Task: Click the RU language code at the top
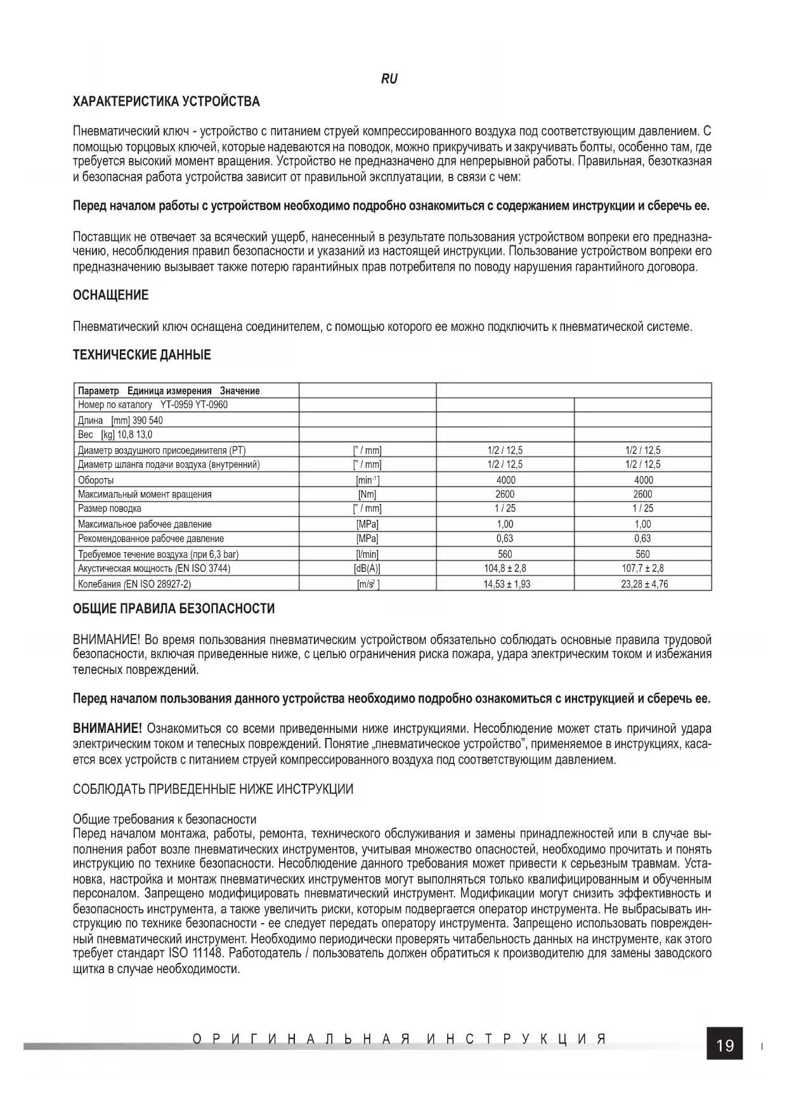point(389,79)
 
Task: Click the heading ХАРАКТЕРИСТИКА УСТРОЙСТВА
point(166,102)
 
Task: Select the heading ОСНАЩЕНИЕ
point(110,295)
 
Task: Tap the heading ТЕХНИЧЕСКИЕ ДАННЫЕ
point(142,355)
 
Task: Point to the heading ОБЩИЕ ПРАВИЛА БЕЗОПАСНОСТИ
point(174,609)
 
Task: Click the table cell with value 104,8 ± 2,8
point(505,569)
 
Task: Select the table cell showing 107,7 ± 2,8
point(643,569)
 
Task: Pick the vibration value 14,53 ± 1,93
point(505,584)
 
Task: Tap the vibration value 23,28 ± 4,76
point(643,584)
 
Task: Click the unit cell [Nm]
point(367,495)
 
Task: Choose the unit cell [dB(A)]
point(367,569)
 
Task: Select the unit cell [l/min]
point(367,554)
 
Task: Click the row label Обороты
point(96,481)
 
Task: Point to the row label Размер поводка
point(109,508)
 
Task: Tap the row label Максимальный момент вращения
point(145,495)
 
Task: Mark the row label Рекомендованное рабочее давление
point(151,539)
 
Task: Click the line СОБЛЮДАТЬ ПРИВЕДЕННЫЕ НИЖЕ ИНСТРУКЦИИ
point(213,789)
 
